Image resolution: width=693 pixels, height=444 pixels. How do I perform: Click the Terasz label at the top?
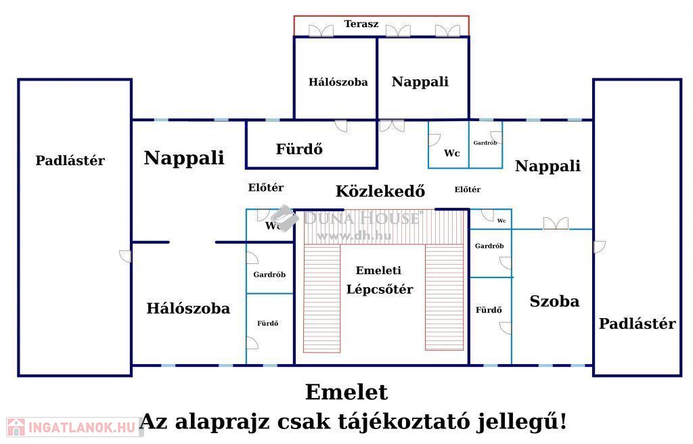[361, 24]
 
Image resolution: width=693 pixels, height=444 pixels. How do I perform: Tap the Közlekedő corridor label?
[380, 192]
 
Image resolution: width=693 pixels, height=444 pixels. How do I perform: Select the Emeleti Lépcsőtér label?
[379, 280]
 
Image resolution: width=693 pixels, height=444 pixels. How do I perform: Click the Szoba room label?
[554, 302]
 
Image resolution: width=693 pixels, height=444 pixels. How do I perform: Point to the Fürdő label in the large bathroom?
[298, 149]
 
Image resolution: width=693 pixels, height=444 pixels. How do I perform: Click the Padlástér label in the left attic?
[70, 161]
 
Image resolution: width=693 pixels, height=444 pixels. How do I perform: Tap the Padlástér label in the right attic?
[637, 324]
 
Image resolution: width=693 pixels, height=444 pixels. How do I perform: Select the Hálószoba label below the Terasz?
[338, 83]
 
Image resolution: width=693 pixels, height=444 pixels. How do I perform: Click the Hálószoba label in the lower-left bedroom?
[188, 309]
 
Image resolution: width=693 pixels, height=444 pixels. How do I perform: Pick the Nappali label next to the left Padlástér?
[184, 158]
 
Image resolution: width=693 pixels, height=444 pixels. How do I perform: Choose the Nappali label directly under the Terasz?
[420, 82]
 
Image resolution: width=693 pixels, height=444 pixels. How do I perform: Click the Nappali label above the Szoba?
[547, 166]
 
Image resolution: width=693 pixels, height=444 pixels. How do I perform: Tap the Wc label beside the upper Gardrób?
[451, 154]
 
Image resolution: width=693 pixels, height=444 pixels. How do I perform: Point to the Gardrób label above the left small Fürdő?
[269, 275]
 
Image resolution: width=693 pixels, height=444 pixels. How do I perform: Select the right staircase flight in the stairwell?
[444, 298]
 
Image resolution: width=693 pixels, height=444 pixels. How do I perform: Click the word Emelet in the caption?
[346, 393]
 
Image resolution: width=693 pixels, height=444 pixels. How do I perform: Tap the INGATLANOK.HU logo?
[70, 427]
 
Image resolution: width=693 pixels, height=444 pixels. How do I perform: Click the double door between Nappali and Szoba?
[556, 224]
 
